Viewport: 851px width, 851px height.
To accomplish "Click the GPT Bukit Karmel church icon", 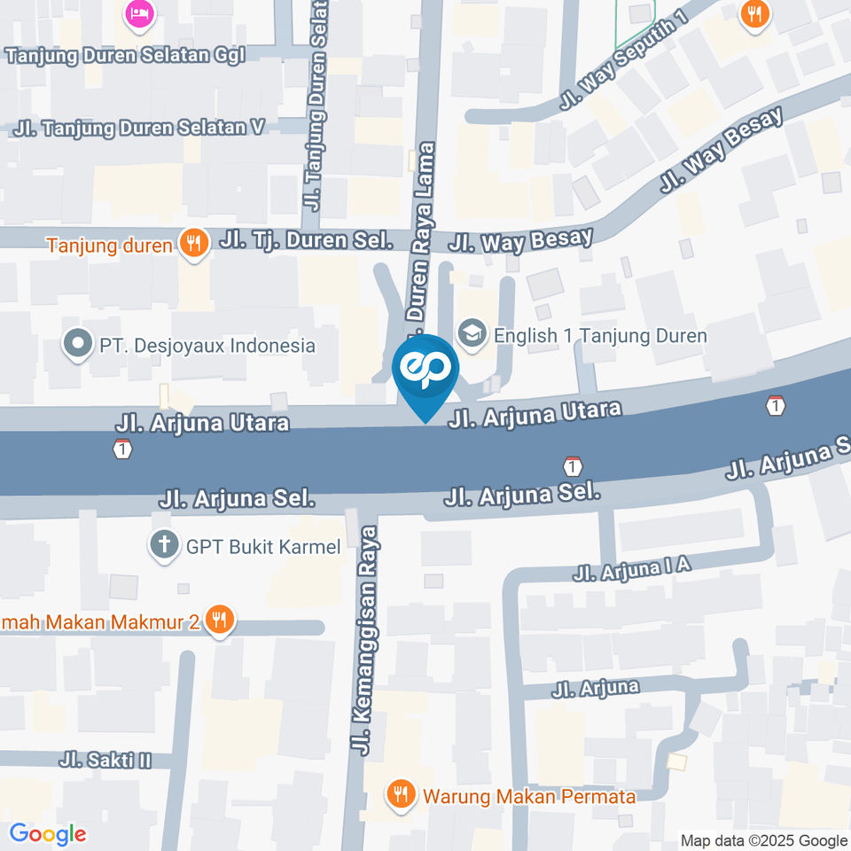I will (x=164, y=546).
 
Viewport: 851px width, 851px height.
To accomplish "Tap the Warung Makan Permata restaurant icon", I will (x=402, y=795).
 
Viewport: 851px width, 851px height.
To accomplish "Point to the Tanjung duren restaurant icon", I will (x=193, y=243).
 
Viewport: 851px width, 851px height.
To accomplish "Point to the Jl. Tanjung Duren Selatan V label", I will (x=139, y=128).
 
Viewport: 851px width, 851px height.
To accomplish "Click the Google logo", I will (x=48, y=833).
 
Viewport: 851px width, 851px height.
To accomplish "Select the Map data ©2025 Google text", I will (x=764, y=840).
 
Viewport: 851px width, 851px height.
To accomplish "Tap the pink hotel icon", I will (x=139, y=12).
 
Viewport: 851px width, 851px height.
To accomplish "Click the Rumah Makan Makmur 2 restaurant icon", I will (x=219, y=621).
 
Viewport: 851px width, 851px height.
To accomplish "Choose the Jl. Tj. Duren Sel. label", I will (x=306, y=239).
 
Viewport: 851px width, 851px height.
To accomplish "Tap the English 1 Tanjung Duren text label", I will (x=600, y=336).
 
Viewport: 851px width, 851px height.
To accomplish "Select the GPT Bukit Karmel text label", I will (x=263, y=547).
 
